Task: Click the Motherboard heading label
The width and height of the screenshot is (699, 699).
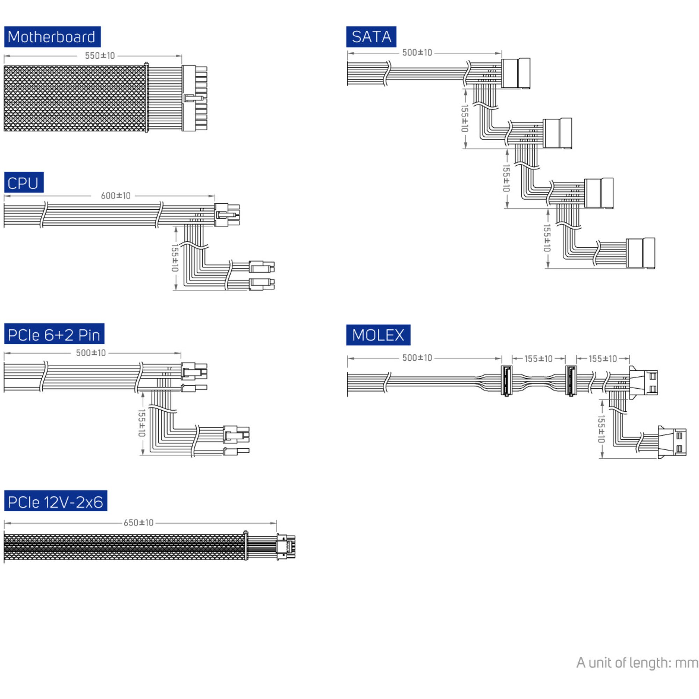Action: pyautogui.click(x=52, y=37)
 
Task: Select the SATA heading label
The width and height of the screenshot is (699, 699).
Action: pyautogui.click(x=371, y=37)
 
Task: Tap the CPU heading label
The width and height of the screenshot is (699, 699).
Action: pyautogui.click(x=23, y=183)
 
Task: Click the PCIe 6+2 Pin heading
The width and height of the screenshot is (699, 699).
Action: pyautogui.click(x=54, y=334)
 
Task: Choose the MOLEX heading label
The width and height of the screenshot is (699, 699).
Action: pyautogui.click(x=378, y=335)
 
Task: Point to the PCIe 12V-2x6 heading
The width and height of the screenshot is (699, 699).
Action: pyautogui.click(x=55, y=502)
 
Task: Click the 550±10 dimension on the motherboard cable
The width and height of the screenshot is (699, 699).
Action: pyautogui.click(x=100, y=56)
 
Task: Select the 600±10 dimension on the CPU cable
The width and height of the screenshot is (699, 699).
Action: pyautogui.click(x=115, y=196)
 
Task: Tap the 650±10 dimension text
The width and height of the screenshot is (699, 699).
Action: pyautogui.click(x=138, y=523)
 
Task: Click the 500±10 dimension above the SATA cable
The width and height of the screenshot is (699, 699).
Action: pyautogui.click(x=417, y=53)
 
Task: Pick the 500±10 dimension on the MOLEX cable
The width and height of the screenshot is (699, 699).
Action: pyautogui.click(x=417, y=358)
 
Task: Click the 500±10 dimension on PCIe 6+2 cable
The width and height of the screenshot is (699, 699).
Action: pyautogui.click(x=91, y=353)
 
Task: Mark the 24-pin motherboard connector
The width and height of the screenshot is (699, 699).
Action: pyautogui.click(x=194, y=98)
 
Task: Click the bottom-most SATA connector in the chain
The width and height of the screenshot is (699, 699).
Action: pyautogui.click(x=640, y=253)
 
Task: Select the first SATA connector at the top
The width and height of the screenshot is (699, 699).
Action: pyautogui.click(x=515, y=73)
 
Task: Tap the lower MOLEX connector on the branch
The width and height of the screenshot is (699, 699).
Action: pyautogui.click(x=671, y=442)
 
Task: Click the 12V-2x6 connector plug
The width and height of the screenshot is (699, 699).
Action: pyautogui.click(x=286, y=547)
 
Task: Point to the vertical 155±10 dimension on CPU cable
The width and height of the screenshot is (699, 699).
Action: pyautogui.click(x=175, y=258)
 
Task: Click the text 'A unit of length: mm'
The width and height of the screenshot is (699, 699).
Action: pyautogui.click(x=637, y=662)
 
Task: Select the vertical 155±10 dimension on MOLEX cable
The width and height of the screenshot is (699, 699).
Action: pyautogui.click(x=601, y=429)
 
